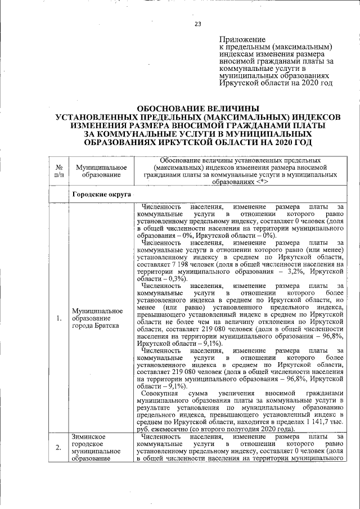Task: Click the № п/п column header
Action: point(58,171)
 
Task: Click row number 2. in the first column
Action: point(58,447)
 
